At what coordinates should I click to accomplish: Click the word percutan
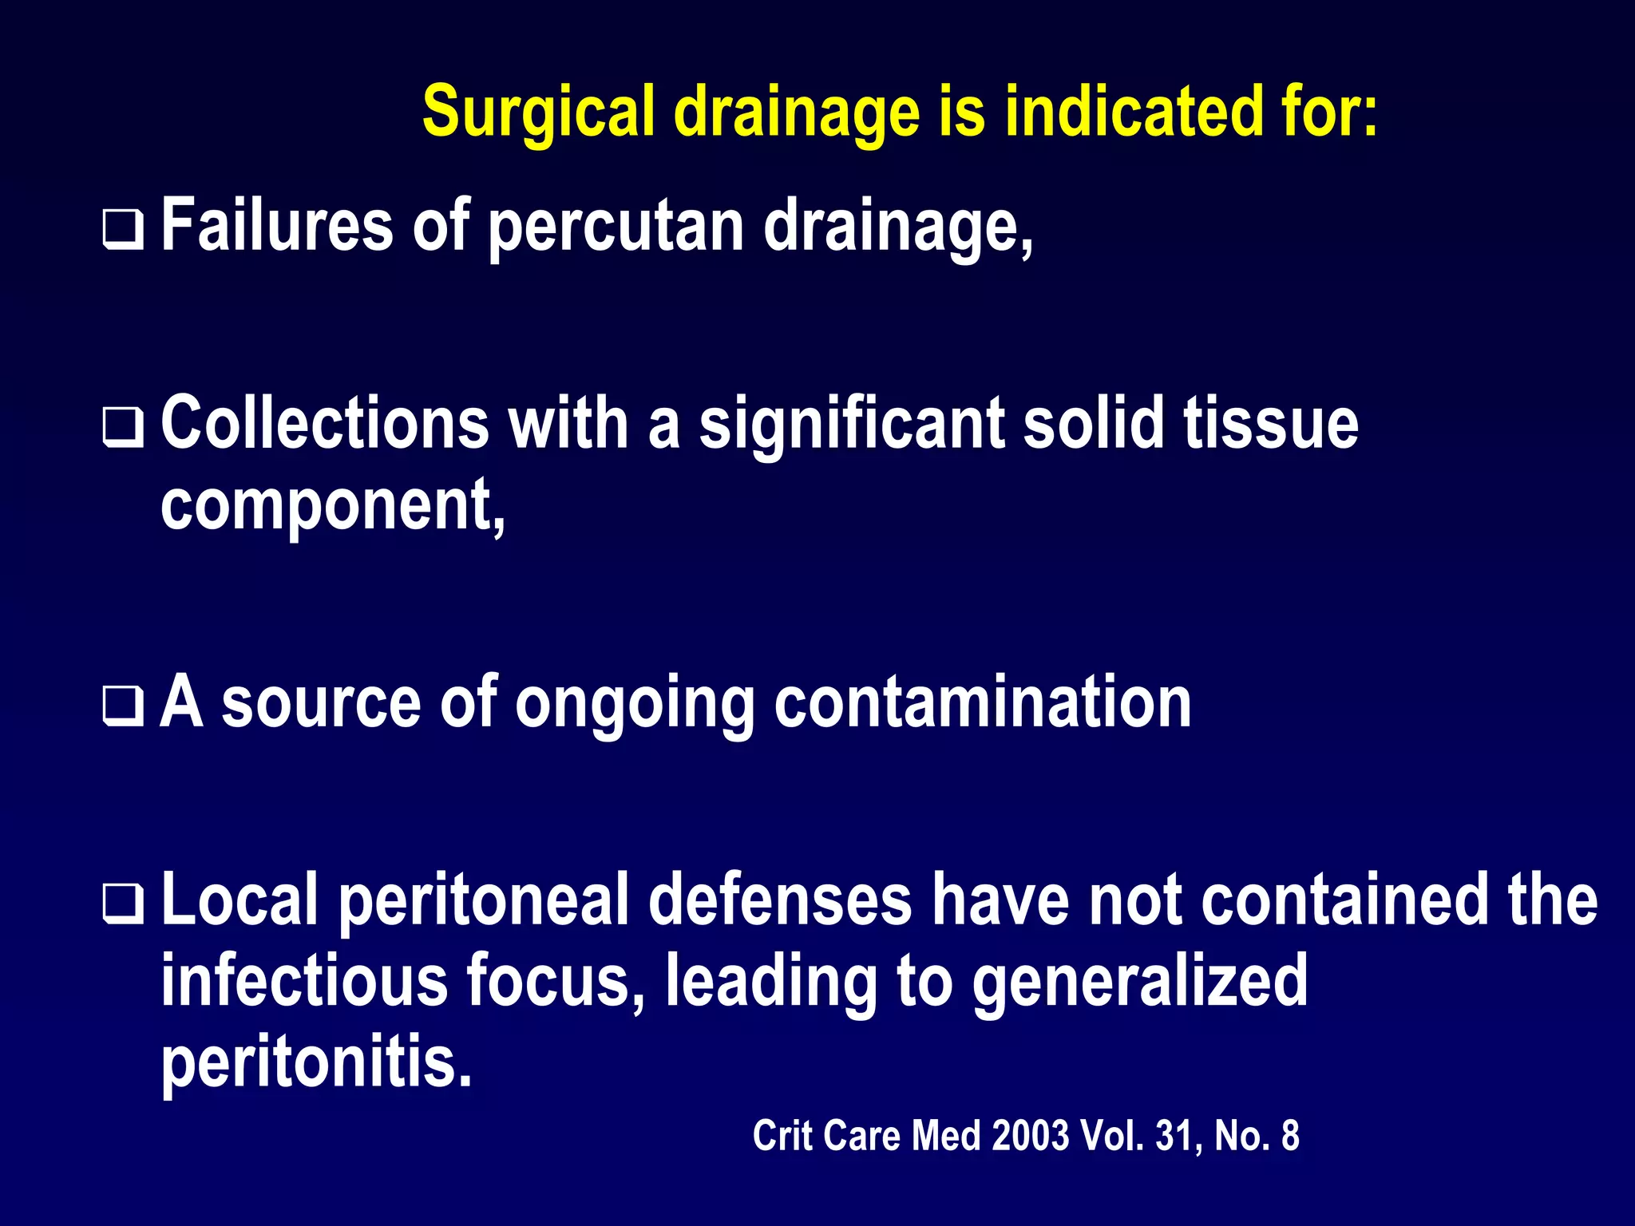(x=616, y=227)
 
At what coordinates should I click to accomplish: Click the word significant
(x=851, y=425)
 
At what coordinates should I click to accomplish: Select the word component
(x=332, y=506)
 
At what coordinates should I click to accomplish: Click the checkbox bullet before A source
(x=123, y=706)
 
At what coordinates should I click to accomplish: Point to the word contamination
(x=983, y=703)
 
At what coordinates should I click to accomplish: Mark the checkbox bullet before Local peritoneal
(x=123, y=904)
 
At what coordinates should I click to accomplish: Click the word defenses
(x=780, y=901)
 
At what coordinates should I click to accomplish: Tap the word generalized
(x=1139, y=983)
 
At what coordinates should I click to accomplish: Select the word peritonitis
(x=317, y=1062)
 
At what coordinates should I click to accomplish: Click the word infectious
(x=304, y=981)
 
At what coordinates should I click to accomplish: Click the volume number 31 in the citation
(x=1176, y=1136)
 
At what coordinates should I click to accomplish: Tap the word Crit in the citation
(x=781, y=1136)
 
